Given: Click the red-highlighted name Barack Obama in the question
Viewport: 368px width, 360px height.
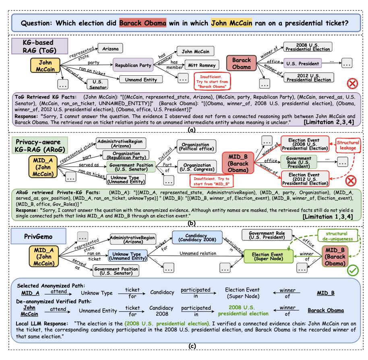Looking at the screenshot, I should (143, 23).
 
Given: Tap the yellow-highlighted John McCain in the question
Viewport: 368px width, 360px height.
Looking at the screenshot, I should (232, 23).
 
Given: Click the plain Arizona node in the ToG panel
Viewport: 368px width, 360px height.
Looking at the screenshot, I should (110, 49).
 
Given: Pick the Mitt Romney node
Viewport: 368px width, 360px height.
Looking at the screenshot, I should (202, 65).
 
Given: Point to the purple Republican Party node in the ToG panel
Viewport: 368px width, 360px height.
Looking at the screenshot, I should (133, 65).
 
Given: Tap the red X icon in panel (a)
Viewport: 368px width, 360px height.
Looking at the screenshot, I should (352, 84).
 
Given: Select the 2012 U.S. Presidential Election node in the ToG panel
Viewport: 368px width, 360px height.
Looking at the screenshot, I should (308, 77).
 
